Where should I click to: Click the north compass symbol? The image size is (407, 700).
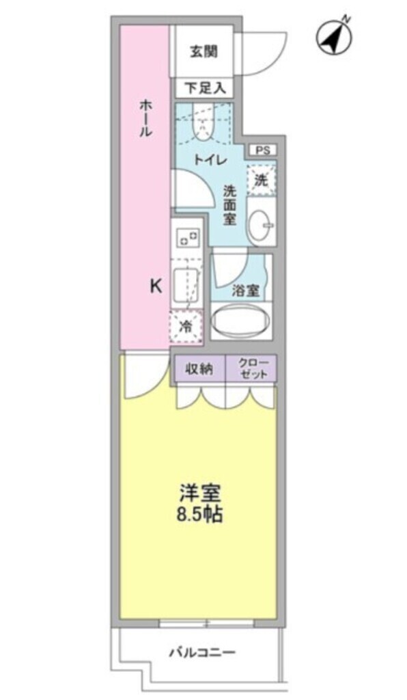click(x=333, y=38)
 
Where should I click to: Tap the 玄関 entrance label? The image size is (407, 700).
click(x=203, y=51)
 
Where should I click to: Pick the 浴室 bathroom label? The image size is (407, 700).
click(x=245, y=291)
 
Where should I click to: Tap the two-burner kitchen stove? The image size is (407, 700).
click(x=186, y=238)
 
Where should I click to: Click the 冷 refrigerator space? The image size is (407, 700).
click(x=186, y=327)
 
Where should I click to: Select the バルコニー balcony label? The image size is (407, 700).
click(x=202, y=652)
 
